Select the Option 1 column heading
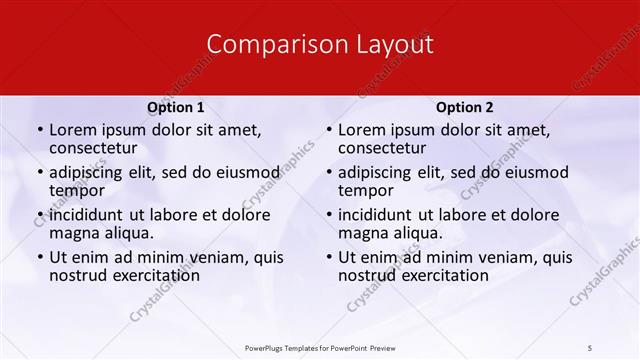pyautogui.click(x=176, y=106)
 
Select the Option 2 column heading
pyautogui.click(x=464, y=106)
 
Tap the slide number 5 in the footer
pyautogui.click(x=591, y=347)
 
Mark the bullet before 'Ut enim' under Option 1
pyautogui.click(x=39, y=257)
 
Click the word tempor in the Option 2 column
pyautogui.click(x=365, y=190)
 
